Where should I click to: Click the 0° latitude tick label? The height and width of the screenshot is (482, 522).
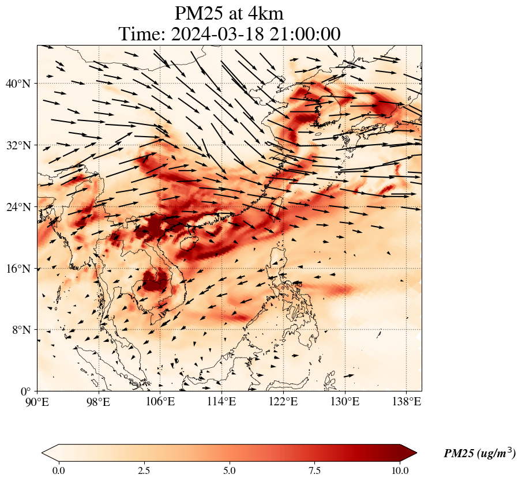click(x=27, y=391)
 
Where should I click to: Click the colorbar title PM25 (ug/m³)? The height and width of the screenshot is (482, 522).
click(x=479, y=454)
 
